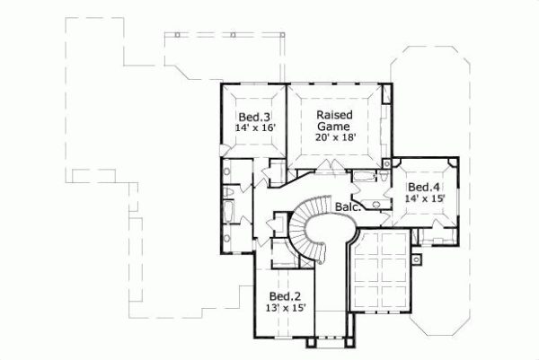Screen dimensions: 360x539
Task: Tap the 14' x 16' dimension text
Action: (254, 128)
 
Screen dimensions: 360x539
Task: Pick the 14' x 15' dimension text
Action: (423, 198)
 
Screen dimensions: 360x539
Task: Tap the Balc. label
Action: (349, 207)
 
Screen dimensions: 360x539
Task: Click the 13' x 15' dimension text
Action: (287, 308)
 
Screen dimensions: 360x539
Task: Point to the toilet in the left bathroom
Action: (230, 191)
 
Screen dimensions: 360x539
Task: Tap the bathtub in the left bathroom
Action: (227, 212)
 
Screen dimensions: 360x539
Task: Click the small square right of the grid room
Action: (416, 261)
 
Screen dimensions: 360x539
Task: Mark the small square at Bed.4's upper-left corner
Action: (387, 162)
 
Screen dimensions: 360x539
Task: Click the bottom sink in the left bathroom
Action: (226, 237)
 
